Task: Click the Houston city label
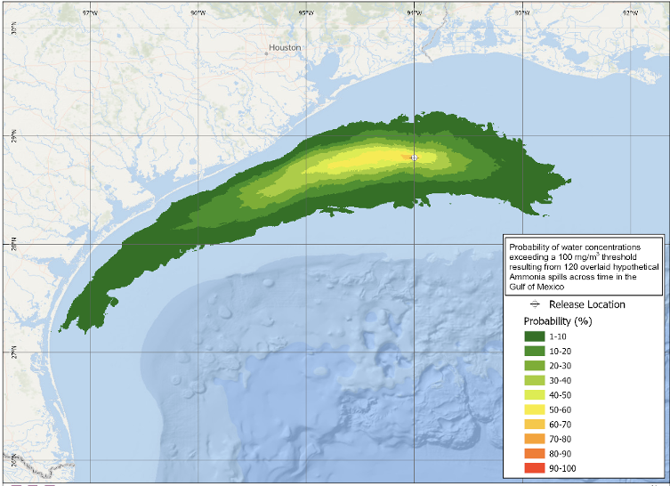(286, 47)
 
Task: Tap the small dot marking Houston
(266, 53)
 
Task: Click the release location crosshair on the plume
(415, 157)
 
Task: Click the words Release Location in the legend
(586, 304)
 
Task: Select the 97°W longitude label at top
(90, 13)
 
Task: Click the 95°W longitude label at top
(305, 13)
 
